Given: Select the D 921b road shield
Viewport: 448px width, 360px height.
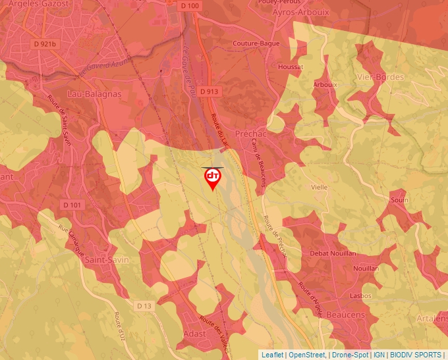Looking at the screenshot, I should (45, 44).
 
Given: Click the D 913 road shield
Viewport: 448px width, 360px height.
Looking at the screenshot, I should (208, 91).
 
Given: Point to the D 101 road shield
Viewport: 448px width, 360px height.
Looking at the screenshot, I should (74, 205).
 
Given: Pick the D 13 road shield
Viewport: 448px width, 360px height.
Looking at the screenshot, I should (144, 306).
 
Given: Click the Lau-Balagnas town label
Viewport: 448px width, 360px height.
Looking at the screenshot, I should (94, 94).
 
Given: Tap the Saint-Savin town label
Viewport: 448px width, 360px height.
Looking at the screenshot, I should (107, 260).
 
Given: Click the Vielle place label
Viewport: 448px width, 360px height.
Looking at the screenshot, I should (320, 187).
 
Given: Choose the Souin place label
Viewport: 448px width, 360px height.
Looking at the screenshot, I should (399, 199).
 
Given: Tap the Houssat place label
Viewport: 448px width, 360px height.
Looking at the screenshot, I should (291, 67).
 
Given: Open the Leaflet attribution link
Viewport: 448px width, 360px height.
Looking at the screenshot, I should (273, 355).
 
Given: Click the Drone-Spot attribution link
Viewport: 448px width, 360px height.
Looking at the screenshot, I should (349, 355).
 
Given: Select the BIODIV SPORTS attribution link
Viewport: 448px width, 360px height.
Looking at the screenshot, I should (417, 355).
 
